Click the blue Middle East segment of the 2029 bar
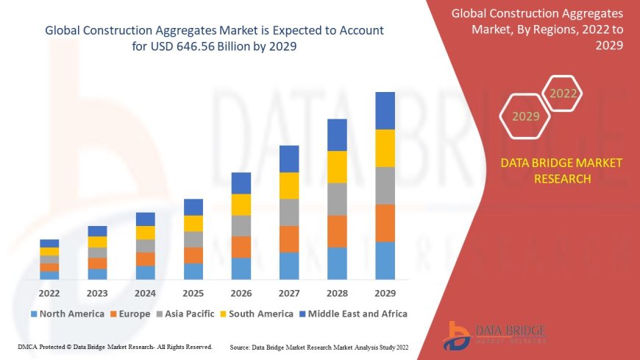tap(385, 110)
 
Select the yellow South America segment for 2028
tap(337, 166)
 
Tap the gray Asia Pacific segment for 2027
tap(289, 212)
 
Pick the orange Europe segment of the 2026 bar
tap(241, 247)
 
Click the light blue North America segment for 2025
tap(193, 271)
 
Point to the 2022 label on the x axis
tap(49, 292)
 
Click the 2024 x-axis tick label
tap(145, 292)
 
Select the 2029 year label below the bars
tap(385, 292)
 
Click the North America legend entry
tap(67, 314)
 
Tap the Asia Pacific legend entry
tap(186, 314)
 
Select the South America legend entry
tap(255, 314)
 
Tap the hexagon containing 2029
tap(525, 116)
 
